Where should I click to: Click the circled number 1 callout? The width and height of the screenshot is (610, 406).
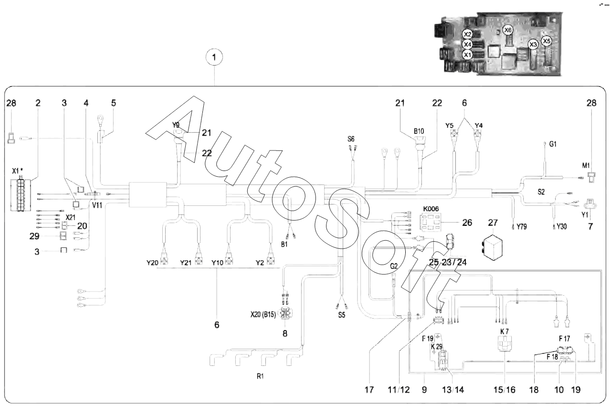click(x=214, y=58)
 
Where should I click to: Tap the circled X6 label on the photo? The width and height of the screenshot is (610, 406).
click(x=508, y=30)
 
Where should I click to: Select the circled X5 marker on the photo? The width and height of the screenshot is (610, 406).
click(x=547, y=41)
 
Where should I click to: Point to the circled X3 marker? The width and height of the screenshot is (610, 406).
click(x=533, y=44)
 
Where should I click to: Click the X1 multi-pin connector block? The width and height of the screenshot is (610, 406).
click(x=20, y=194)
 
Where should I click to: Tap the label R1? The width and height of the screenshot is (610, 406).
click(x=260, y=376)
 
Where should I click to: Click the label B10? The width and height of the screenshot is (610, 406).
click(x=419, y=130)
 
